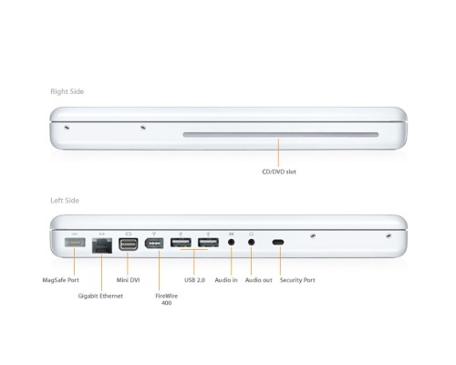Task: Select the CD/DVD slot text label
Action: click(278, 171)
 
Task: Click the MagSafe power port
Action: click(74, 243)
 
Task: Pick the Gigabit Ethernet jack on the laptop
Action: click(100, 244)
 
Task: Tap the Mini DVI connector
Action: click(128, 244)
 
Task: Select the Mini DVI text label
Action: click(129, 280)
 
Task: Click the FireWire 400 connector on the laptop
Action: click(155, 244)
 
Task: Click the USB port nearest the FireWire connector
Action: click(181, 243)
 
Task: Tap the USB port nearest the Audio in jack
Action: click(208, 243)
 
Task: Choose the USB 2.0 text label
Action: click(194, 280)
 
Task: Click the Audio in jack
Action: click(231, 243)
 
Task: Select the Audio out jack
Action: click(252, 243)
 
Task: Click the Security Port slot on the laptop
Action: click(278, 243)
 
